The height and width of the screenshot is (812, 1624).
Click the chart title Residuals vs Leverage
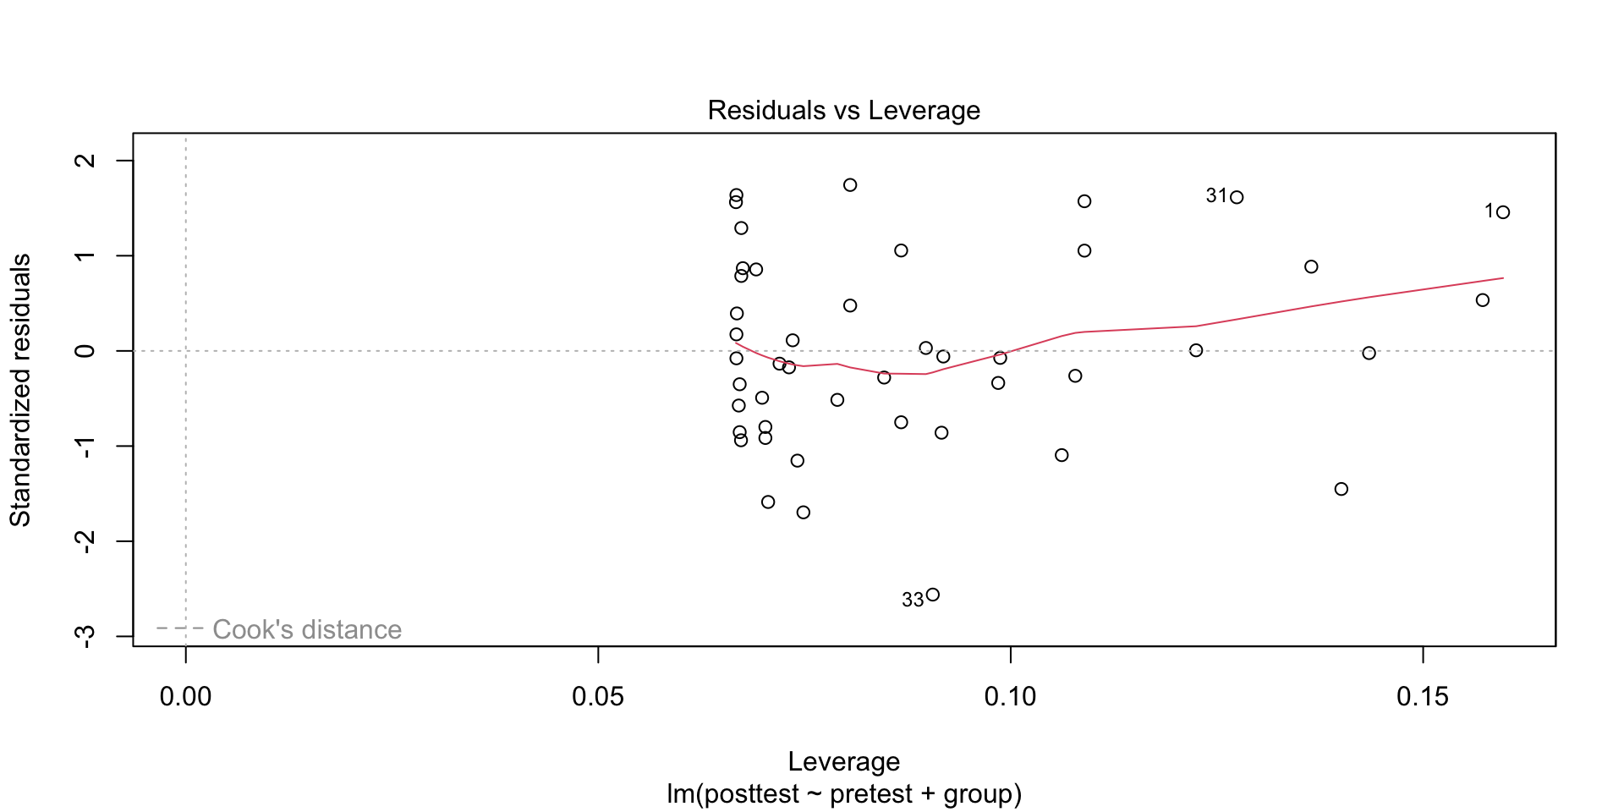pos(843,111)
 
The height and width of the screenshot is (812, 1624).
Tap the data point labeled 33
pos(933,595)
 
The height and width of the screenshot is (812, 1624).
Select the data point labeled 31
pos(1237,197)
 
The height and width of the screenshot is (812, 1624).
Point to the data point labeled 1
pos(1503,212)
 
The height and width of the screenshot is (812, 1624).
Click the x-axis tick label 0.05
pos(597,697)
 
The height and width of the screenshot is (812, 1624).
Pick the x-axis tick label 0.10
pos(1010,697)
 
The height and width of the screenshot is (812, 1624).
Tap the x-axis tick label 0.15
pos(1423,697)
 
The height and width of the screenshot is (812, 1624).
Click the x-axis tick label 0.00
pos(185,697)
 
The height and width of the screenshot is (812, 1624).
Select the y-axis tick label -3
pos(85,636)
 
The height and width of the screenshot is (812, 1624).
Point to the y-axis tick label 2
pos(85,161)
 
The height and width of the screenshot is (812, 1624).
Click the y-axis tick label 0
pos(85,351)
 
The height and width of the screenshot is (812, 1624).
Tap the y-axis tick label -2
pos(85,541)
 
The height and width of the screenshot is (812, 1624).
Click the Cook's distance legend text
pos(307,629)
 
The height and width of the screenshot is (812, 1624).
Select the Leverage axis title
pos(843,761)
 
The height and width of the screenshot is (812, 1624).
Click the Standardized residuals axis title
pos(20,390)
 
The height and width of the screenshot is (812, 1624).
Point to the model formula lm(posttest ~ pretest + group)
pos(843,794)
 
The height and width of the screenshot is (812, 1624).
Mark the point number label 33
pos(913,600)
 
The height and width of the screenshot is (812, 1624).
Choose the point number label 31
pos(1216,196)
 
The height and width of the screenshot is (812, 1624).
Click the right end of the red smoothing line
pos(1502,278)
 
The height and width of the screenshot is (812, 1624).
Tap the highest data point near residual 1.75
pos(850,185)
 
